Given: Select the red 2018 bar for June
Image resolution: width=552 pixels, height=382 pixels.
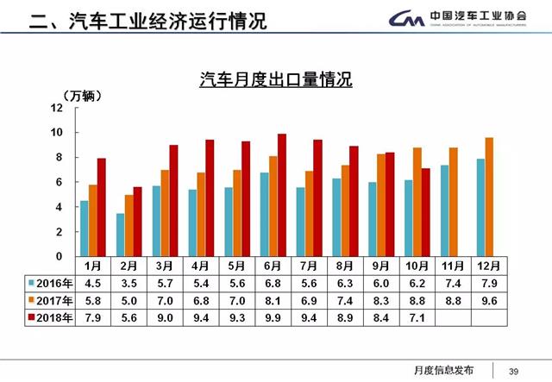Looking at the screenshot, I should click(x=281, y=195).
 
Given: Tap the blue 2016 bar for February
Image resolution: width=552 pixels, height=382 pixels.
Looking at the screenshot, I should click(x=120, y=235).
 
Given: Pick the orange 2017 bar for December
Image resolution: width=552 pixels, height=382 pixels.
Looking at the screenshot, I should click(x=489, y=197).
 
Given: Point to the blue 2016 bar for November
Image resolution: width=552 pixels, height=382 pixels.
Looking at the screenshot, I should click(x=444, y=210).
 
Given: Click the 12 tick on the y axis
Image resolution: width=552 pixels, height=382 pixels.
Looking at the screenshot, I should click(x=57, y=108).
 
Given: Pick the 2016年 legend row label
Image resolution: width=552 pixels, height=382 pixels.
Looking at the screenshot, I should click(x=53, y=282).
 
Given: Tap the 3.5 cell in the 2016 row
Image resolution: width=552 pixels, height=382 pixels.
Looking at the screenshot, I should click(x=130, y=282).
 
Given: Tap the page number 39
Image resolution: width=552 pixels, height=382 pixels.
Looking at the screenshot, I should click(x=514, y=370).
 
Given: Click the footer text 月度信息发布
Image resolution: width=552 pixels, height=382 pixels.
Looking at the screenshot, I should click(x=445, y=370).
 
